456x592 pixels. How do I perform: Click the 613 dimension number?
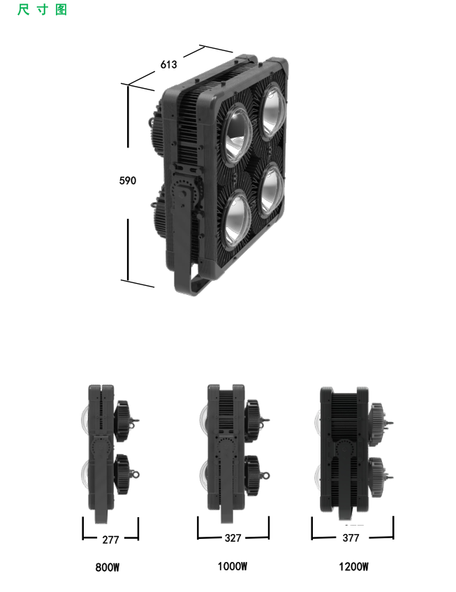[x=168, y=64]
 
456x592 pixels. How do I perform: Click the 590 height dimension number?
[x=128, y=180]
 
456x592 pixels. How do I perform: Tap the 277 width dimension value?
[x=110, y=540]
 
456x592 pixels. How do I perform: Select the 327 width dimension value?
[x=233, y=538]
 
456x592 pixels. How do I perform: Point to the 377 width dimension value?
[x=351, y=537]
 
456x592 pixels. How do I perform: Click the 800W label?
[x=107, y=567]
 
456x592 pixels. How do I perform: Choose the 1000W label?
[x=233, y=566]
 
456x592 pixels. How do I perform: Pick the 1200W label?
[x=353, y=567]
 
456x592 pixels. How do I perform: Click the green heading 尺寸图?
[x=42, y=10]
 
